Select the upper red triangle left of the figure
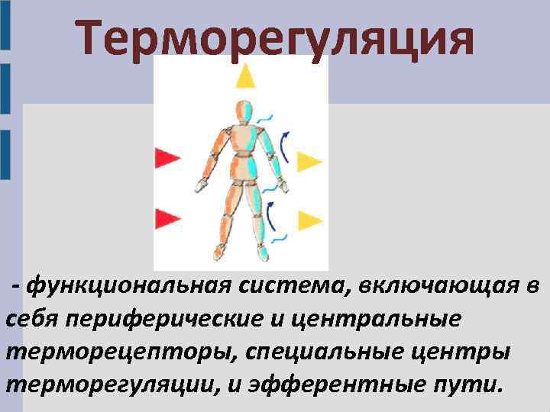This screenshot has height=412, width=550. coord(166,158)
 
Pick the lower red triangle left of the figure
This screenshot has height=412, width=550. coord(166,217)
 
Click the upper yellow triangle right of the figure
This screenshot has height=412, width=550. coord(309,162)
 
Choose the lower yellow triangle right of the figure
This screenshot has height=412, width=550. coord(309,220)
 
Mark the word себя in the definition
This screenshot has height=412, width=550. coord(31,318)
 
